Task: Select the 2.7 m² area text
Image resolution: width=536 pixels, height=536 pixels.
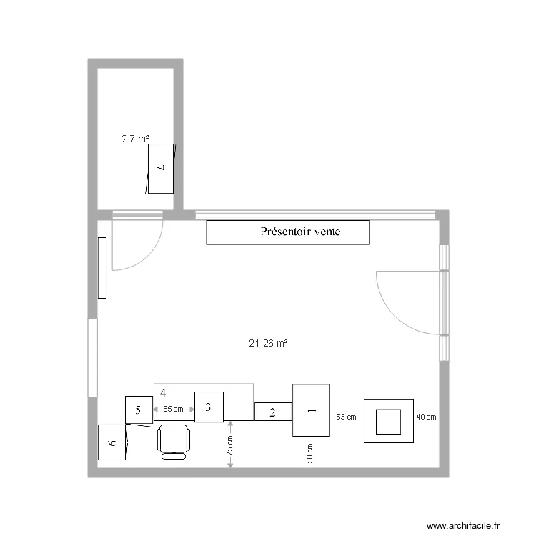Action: [135, 139]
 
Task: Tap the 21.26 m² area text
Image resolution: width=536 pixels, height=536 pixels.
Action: [268, 343]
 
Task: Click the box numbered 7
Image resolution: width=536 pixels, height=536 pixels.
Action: [160, 168]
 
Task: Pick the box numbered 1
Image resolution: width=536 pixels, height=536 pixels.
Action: [311, 410]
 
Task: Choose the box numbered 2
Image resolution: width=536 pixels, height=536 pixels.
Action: [273, 412]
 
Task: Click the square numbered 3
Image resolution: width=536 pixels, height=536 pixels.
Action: [209, 407]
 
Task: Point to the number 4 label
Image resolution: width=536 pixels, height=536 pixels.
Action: [163, 393]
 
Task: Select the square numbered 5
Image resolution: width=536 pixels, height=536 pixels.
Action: [139, 410]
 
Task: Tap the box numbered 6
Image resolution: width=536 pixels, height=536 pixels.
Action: [112, 442]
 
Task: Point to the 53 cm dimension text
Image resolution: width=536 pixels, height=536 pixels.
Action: [345, 416]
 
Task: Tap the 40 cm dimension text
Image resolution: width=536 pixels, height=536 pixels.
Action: [427, 416]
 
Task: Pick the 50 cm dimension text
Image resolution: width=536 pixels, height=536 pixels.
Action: [310, 453]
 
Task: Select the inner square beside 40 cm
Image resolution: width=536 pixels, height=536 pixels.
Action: [389, 421]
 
